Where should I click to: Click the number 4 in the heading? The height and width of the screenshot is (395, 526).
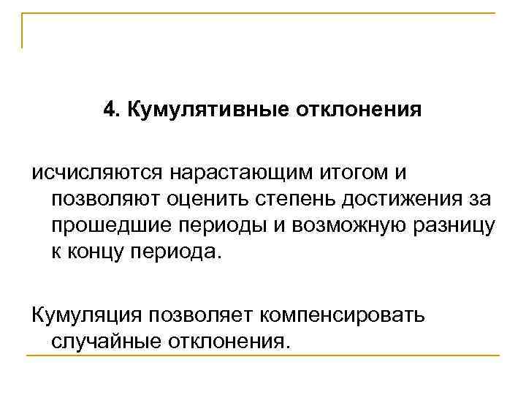[x=109, y=110]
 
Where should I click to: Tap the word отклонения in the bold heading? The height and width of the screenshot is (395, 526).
[x=359, y=110]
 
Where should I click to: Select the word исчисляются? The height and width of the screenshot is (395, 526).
[x=97, y=174]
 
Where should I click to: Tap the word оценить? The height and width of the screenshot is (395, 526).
[x=214, y=200]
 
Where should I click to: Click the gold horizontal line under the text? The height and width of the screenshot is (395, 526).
[x=263, y=357]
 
